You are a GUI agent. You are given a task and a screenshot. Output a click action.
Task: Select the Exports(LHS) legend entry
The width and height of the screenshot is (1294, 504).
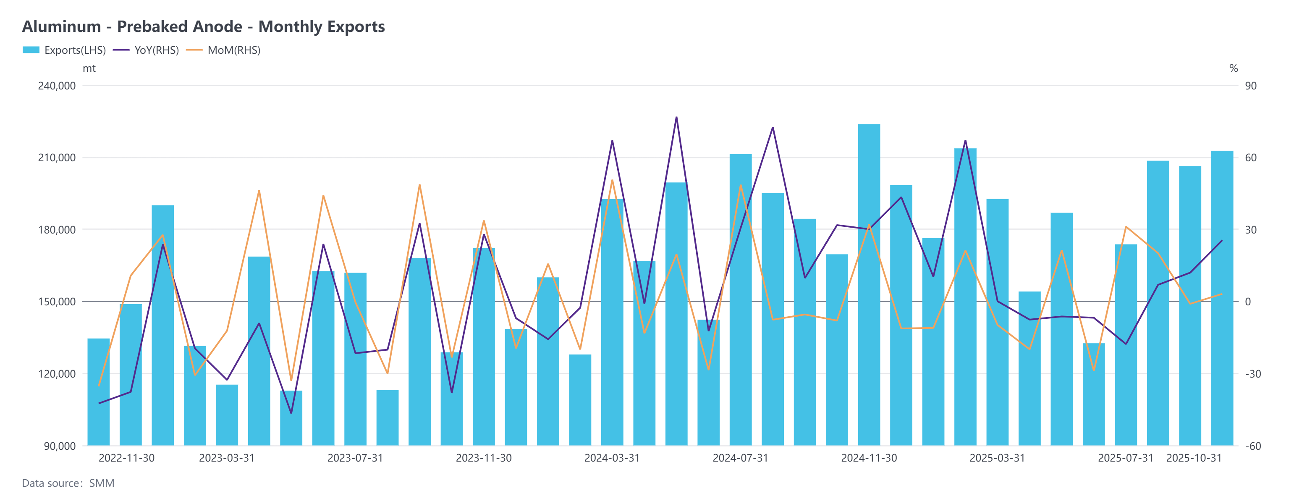(x=64, y=50)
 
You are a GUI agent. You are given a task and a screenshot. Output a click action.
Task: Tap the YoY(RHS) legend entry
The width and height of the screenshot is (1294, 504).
(x=146, y=50)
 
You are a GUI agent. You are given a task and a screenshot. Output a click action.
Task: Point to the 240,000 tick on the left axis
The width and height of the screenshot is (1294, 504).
(x=57, y=86)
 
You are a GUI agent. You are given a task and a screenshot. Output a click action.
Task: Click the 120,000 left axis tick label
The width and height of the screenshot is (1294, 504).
(x=57, y=374)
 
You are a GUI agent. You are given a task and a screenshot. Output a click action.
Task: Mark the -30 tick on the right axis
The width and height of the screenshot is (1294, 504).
(x=1253, y=374)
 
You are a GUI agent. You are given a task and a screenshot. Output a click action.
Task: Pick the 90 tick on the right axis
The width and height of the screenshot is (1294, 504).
(x=1250, y=86)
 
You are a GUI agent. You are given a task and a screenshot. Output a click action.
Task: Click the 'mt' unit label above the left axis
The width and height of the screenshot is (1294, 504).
(x=89, y=68)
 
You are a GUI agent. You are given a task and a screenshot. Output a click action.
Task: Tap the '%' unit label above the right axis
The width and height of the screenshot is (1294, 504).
(x=1233, y=68)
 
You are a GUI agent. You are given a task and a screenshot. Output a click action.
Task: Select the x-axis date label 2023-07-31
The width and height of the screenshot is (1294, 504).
(x=355, y=458)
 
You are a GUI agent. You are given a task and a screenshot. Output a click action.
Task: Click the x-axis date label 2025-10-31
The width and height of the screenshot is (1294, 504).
(x=1194, y=458)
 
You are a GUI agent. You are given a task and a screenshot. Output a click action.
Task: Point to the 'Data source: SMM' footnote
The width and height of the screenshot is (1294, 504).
(x=68, y=483)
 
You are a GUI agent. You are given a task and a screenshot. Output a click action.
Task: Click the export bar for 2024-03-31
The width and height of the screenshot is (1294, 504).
(x=612, y=322)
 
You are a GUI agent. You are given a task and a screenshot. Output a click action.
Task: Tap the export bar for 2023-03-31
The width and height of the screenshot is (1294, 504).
(x=227, y=415)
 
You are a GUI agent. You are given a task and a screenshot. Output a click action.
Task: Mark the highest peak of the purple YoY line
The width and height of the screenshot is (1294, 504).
(x=676, y=118)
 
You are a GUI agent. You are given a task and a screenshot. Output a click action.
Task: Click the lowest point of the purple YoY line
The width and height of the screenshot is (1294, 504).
(x=291, y=413)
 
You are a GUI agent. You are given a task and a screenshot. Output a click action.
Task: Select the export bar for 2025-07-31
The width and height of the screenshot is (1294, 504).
(x=1125, y=345)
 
